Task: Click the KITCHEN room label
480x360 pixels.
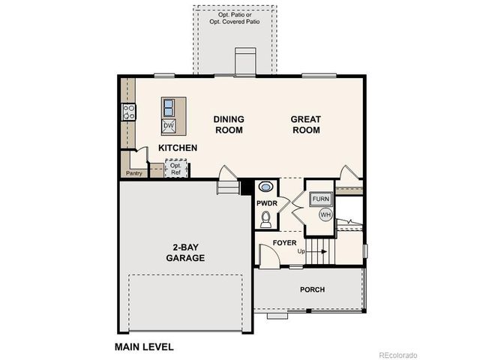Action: (x=178, y=148)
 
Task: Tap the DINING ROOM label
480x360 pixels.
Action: (x=229, y=124)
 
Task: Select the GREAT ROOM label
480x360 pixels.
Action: (x=306, y=124)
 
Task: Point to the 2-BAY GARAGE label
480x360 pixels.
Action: (x=185, y=253)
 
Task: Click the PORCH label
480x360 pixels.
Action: (x=312, y=289)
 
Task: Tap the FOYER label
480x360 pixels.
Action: (x=284, y=243)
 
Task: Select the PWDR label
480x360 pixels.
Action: (x=267, y=203)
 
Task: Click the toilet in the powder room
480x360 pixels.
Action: (x=265, y=219)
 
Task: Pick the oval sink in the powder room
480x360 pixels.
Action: (x=265, y=187)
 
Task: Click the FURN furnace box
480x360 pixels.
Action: (x=322, y=199)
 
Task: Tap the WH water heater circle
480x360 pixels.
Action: (x=325, y=214)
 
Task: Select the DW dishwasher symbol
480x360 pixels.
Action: (x=169, y=125)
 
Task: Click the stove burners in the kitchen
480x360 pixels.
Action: (x=129, y=112)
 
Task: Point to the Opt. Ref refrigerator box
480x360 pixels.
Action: (x=175, y=169)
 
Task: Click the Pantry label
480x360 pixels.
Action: (x=134, y=173)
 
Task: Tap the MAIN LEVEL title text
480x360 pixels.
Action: (x=144, y=346)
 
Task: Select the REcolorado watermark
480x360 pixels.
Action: (x=398, y=355)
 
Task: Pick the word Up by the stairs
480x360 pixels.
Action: (x=301, y=250)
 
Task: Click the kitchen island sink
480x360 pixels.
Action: (x=169, y=106)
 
